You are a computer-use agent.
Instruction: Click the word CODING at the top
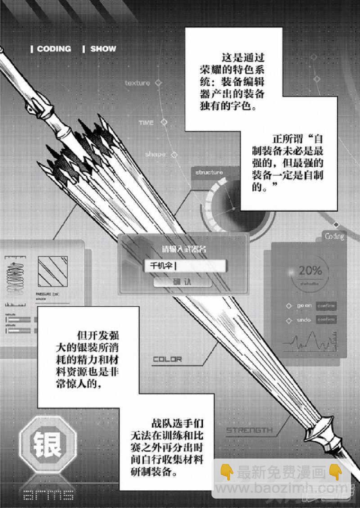click(x=54, y=49)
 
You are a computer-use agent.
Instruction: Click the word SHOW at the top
click(x=103, y=49)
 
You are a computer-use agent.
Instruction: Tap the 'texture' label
click(x=137, y=83)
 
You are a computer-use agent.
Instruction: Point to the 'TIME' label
click(x=146, y=123)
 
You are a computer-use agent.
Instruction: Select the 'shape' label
click(x=155, y=155)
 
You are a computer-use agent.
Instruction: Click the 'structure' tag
click(x=209, y=172)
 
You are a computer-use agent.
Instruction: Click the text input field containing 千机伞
click(x=184, y=266)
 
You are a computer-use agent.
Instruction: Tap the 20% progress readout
click(x=310, y=271)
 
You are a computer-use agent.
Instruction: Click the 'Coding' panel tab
click(x=334, y=236)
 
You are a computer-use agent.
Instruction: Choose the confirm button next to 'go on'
click(x=326, y=306)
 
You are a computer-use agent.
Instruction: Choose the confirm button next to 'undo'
click(x=326, y=320)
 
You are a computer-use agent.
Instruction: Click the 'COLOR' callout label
click(x=167, y=359)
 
